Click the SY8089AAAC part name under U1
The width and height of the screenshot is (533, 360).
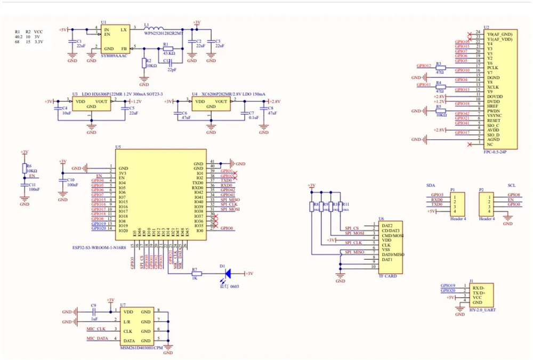pyautogui.click(x=114, y=55)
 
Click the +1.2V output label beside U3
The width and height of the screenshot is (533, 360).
pyautogui.click(x=135, y=101)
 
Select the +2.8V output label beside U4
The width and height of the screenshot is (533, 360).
pyautogui.click(x=274, y=101)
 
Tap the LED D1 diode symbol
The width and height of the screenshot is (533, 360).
pyautogui.click(x=227, y=273)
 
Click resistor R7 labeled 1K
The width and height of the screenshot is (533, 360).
pyautogui.click(x=195, y=273)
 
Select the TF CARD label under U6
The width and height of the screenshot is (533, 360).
pyautogui.click(x=388, y=276)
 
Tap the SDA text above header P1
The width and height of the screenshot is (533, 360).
pyautogui.click(x=431, y=185)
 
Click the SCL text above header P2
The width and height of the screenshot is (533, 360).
pyautogui.click(x=511, y=185)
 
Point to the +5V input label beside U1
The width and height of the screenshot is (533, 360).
pyautogui.click(x=63, y=30)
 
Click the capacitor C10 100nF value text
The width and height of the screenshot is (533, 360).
pyautogui.click(x=73, y=184)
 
